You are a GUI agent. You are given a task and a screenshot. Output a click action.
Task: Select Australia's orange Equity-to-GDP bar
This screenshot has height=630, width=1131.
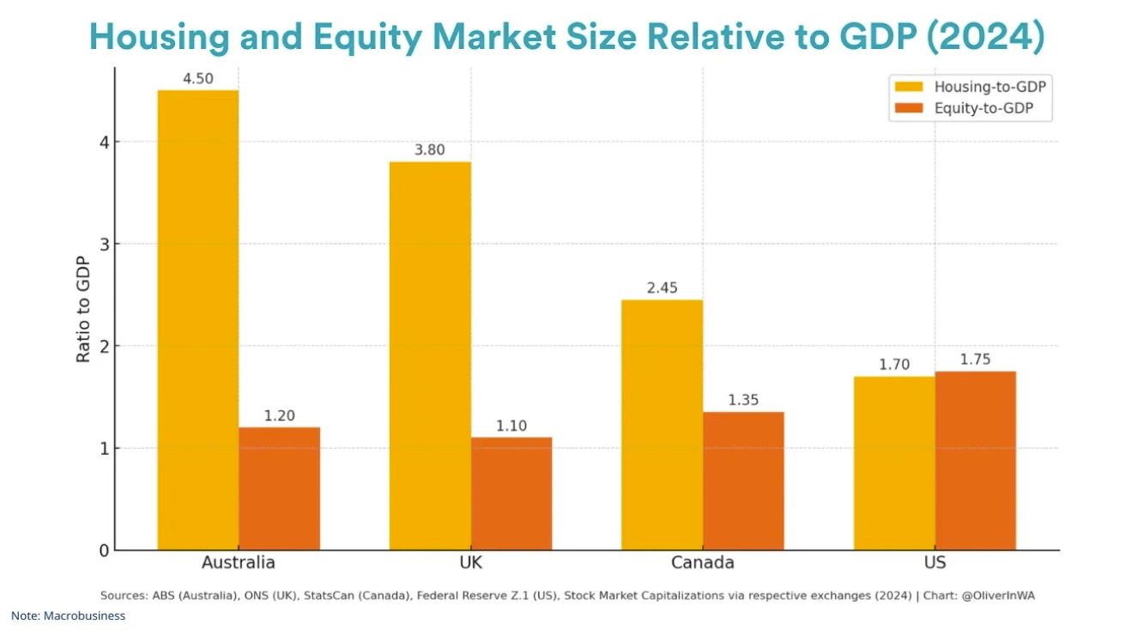[x=279, y=488]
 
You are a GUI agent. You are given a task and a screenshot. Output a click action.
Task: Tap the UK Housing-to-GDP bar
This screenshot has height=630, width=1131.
[x=430, y=355]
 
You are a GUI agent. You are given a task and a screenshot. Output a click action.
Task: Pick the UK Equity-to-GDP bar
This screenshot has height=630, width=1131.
[x=511, y=494]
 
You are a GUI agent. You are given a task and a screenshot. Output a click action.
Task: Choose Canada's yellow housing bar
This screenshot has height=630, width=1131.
[x=662, y=425]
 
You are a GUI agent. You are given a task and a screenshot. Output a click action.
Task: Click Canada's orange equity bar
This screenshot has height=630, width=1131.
[x=743, y=481]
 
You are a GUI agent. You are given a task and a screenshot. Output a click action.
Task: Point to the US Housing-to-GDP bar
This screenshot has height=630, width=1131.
[x=893, y=463]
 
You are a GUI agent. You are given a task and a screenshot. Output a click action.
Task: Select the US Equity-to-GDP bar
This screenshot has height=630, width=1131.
[x=975, y=460]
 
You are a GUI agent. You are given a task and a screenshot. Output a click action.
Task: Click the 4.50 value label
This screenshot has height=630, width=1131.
[x=197, y=79]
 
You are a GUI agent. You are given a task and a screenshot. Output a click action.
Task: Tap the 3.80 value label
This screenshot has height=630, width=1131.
[x=430, y=150]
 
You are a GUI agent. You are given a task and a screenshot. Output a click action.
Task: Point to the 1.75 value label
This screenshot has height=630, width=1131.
[x=975, y=360]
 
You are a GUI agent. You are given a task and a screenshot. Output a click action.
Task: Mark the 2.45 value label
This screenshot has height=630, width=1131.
[x=662, y=288]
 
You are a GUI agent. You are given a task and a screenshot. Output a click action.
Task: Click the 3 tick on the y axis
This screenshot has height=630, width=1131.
[x=104, y=244]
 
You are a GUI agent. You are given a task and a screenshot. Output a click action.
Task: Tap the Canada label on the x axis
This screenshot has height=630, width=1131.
[x=702, y=563]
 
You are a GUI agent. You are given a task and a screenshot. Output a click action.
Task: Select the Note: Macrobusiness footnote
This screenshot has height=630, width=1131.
[x=68, y=615]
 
